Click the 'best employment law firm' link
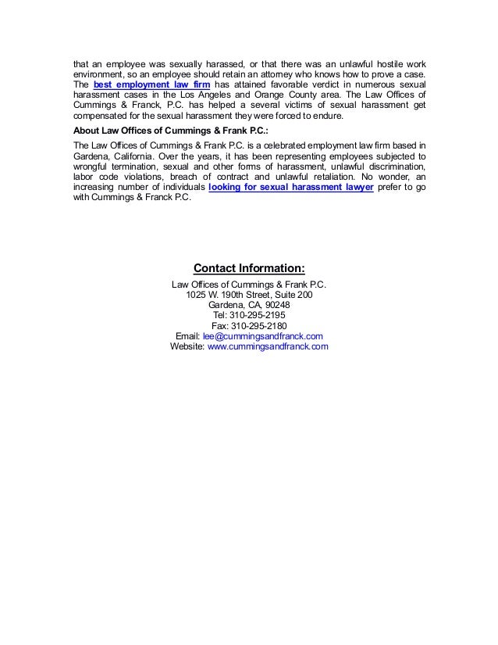(x=146, y=84)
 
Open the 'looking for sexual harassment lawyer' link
(x=291, y=188)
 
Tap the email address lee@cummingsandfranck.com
(x=263, y=336)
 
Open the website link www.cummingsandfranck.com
(x=268, y=347)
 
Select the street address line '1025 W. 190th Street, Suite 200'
(x=249, y=295)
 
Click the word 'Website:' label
(x=187, y=347)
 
